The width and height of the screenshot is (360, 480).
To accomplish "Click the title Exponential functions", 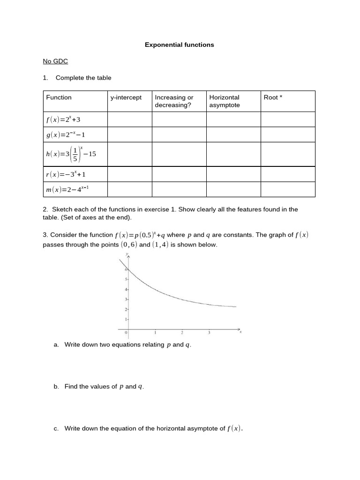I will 179,45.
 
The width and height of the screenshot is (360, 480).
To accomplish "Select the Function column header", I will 59,97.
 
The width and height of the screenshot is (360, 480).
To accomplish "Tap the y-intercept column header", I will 126,97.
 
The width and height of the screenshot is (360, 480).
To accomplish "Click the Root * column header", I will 273,97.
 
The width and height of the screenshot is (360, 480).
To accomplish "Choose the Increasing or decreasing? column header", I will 174,101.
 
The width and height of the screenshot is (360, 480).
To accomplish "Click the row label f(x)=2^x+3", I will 64,120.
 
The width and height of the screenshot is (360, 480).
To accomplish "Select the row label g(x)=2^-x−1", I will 66,135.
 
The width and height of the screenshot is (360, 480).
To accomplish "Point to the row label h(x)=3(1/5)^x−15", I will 71,154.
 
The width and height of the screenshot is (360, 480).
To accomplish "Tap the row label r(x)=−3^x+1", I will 66,174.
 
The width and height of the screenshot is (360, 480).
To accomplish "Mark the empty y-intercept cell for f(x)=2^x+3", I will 129,120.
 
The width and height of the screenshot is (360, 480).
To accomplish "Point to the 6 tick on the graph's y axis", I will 126,270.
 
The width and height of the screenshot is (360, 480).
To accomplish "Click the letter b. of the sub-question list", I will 56,386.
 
